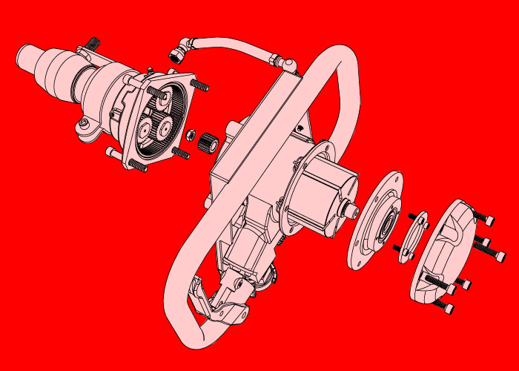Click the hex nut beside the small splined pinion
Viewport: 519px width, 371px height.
(189, 136)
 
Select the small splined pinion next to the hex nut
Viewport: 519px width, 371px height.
(205, 140)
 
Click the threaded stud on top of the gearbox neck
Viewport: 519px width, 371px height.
(92, 44)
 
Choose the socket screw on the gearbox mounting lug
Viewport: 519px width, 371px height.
(85, 122)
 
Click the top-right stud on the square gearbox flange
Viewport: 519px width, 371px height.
(199, 86)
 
